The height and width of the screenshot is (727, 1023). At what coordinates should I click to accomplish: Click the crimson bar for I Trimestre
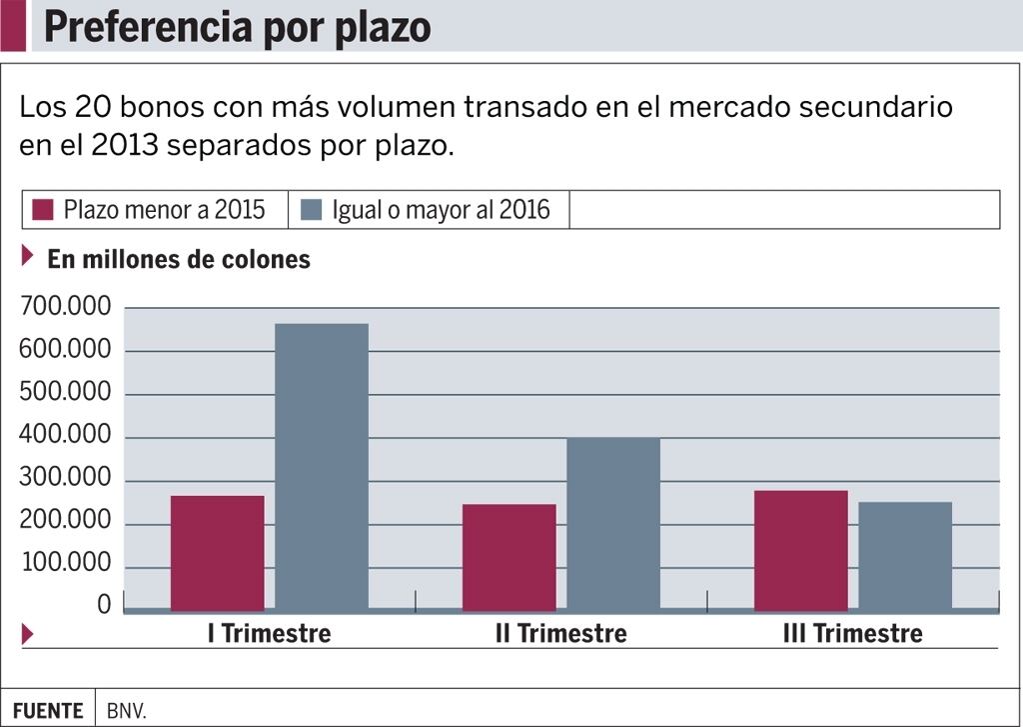point(218,553)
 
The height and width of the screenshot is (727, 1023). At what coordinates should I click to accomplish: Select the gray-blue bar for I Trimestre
point(322,467)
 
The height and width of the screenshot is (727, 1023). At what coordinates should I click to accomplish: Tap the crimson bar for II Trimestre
point(510,557)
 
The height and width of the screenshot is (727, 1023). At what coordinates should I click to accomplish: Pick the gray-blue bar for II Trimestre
point(613,524)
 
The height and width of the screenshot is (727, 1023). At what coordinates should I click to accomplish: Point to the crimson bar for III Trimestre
point(801,550)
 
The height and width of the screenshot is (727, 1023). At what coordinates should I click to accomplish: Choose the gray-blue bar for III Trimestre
point(905,556)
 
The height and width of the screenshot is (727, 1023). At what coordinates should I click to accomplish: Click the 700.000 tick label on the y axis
point(65,308)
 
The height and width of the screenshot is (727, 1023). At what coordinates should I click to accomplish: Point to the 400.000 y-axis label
point(65,438)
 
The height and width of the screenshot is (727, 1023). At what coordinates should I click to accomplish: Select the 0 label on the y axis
point(104,605)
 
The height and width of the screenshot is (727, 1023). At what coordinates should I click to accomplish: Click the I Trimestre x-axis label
point(269,634)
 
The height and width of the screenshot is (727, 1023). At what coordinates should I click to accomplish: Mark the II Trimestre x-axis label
point(560,634)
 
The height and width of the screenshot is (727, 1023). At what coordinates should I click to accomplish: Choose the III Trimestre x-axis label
point(852,634)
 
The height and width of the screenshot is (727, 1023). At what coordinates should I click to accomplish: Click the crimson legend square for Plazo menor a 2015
point(43,210)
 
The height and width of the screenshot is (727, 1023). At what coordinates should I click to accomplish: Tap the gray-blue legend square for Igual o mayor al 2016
point(312,210)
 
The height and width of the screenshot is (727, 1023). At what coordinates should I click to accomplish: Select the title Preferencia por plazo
point(237,27)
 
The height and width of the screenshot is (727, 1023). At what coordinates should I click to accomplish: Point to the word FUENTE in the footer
point(48,711)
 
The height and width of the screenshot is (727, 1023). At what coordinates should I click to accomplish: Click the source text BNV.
point(127,711)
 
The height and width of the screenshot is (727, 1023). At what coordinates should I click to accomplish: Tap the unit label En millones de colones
point(179,259)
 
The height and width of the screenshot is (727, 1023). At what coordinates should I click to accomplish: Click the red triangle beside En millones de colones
point(28,256)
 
